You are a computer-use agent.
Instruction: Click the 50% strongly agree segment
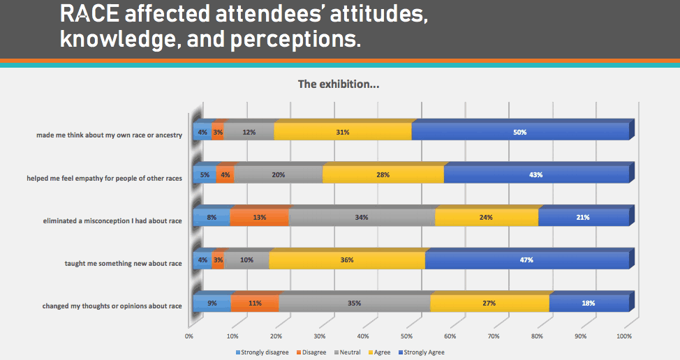coord(520,131)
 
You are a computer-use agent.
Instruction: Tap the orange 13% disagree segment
coord(259,217)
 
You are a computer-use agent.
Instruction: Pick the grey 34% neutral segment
coord(362,217)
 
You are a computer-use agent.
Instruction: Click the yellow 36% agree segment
coord(346,260)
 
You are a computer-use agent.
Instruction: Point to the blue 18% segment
coord(589,303)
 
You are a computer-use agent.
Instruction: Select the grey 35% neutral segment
coord(354,303)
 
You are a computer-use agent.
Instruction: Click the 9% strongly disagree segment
coord(212,303)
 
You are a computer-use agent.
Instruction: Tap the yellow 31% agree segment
coord(342,131)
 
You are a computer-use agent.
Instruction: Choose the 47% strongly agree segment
coord(526,260)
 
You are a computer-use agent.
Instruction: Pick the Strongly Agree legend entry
coord(423,352)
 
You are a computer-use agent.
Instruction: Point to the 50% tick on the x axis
coord(407,336)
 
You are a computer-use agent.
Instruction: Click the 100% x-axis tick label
coord(624,336)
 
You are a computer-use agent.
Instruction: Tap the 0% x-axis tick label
coord(189,336)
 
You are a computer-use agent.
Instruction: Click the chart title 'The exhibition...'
coord(339,84)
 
